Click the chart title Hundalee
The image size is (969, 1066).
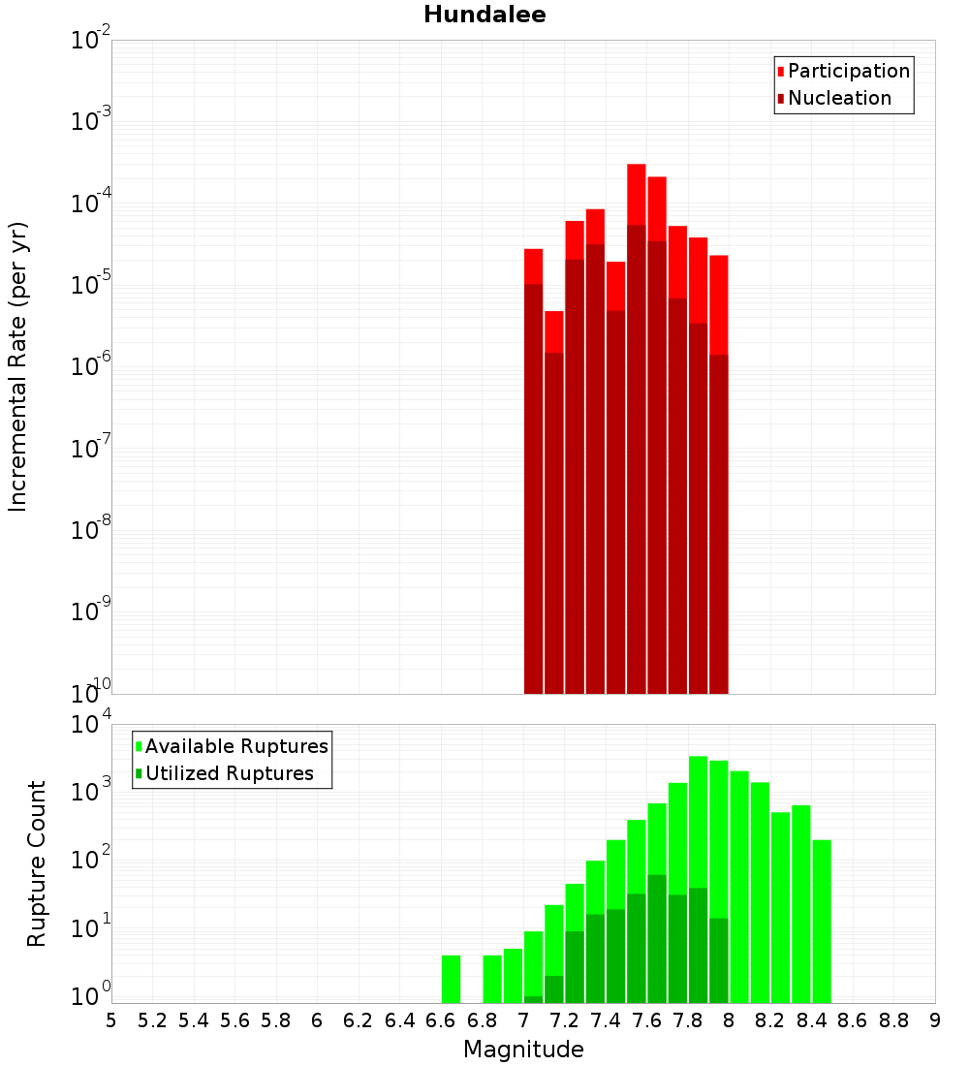[x=484, y=15]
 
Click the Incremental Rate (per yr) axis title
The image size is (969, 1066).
[x=18, y=366]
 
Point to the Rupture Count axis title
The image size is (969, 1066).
[x=37, y=862]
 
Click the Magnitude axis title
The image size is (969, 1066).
[x=523, y=1050]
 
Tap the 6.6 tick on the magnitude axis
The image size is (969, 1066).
[x=441, y=1020]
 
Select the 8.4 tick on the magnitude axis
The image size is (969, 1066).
[x=812, y=1020]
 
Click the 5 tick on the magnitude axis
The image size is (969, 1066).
[x=111, y=1020]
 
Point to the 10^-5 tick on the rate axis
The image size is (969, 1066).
[x=91, y=285]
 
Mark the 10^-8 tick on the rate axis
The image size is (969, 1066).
[x=91, y=530]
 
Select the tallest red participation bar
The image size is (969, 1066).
[x=637, y=194]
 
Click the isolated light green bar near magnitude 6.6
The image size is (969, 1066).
[x=451, y=979]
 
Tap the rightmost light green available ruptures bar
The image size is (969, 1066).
[x=822, y=921]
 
